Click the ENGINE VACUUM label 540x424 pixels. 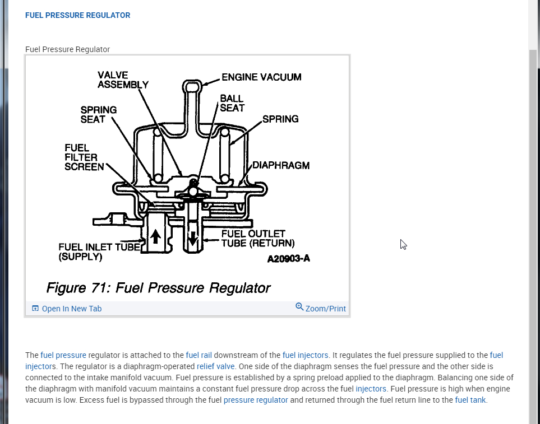(x=261, y=77)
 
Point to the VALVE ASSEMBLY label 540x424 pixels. (x=123, y=80)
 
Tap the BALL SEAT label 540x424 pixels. (x=232, y=103)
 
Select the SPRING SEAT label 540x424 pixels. (x=98, y=115)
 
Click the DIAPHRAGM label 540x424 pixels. (x=281, y=165)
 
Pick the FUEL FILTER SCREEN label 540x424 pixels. (x=84, y=157)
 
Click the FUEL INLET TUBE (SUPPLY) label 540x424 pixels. (x=99, y=252)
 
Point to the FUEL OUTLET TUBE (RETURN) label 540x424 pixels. (x=257, y=238)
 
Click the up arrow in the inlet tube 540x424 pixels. (x=155, y=236)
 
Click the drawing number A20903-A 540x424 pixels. (x=288, y=259)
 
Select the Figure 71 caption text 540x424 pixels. (x=158, y=288)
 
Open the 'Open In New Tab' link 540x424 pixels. (x=71, y=309)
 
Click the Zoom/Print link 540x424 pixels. (x=325, y=309)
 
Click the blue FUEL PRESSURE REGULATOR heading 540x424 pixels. (x=77, y=16)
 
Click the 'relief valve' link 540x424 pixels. (x=215, y=366)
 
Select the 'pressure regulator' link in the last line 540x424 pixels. (x=255, y=400)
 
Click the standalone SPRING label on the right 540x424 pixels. (x=280, y=119)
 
